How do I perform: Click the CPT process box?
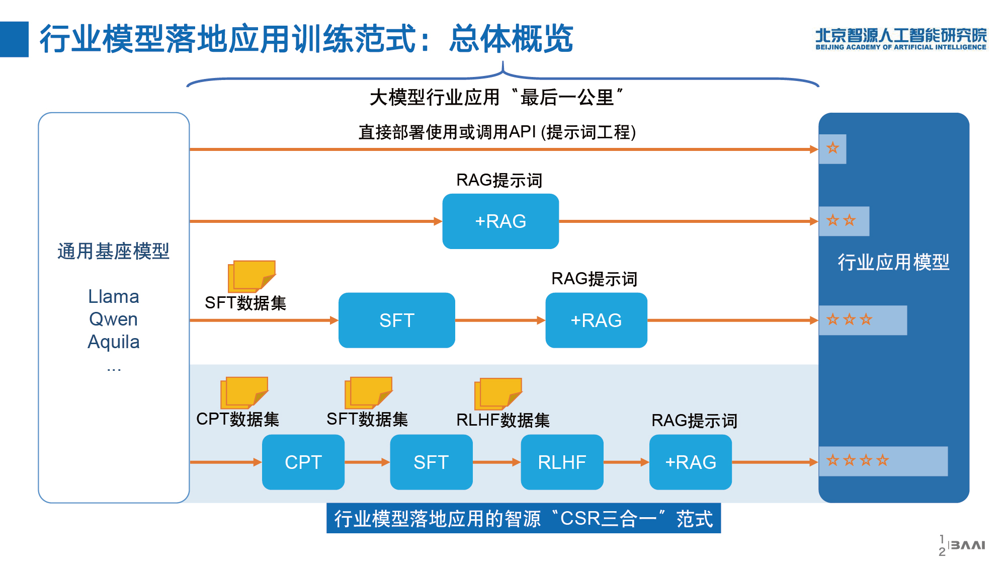303,462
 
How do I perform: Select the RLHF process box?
562,462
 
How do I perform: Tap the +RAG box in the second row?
500,221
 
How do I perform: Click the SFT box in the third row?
397,320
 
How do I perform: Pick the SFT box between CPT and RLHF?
431,462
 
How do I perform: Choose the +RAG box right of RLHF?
691,462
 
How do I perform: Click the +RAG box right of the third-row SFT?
597,320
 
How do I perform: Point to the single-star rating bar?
832,149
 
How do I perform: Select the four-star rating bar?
883,461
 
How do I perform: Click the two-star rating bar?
844,221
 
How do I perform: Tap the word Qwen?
113,319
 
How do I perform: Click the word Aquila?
114,342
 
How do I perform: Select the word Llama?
114,297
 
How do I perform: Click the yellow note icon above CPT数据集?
244,392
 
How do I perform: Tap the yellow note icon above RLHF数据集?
498,393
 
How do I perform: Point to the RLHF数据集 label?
503,420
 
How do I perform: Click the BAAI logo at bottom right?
967,545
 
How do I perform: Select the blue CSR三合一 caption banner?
524,518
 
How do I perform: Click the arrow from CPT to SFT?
367,462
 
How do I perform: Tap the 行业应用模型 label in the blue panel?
893,262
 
